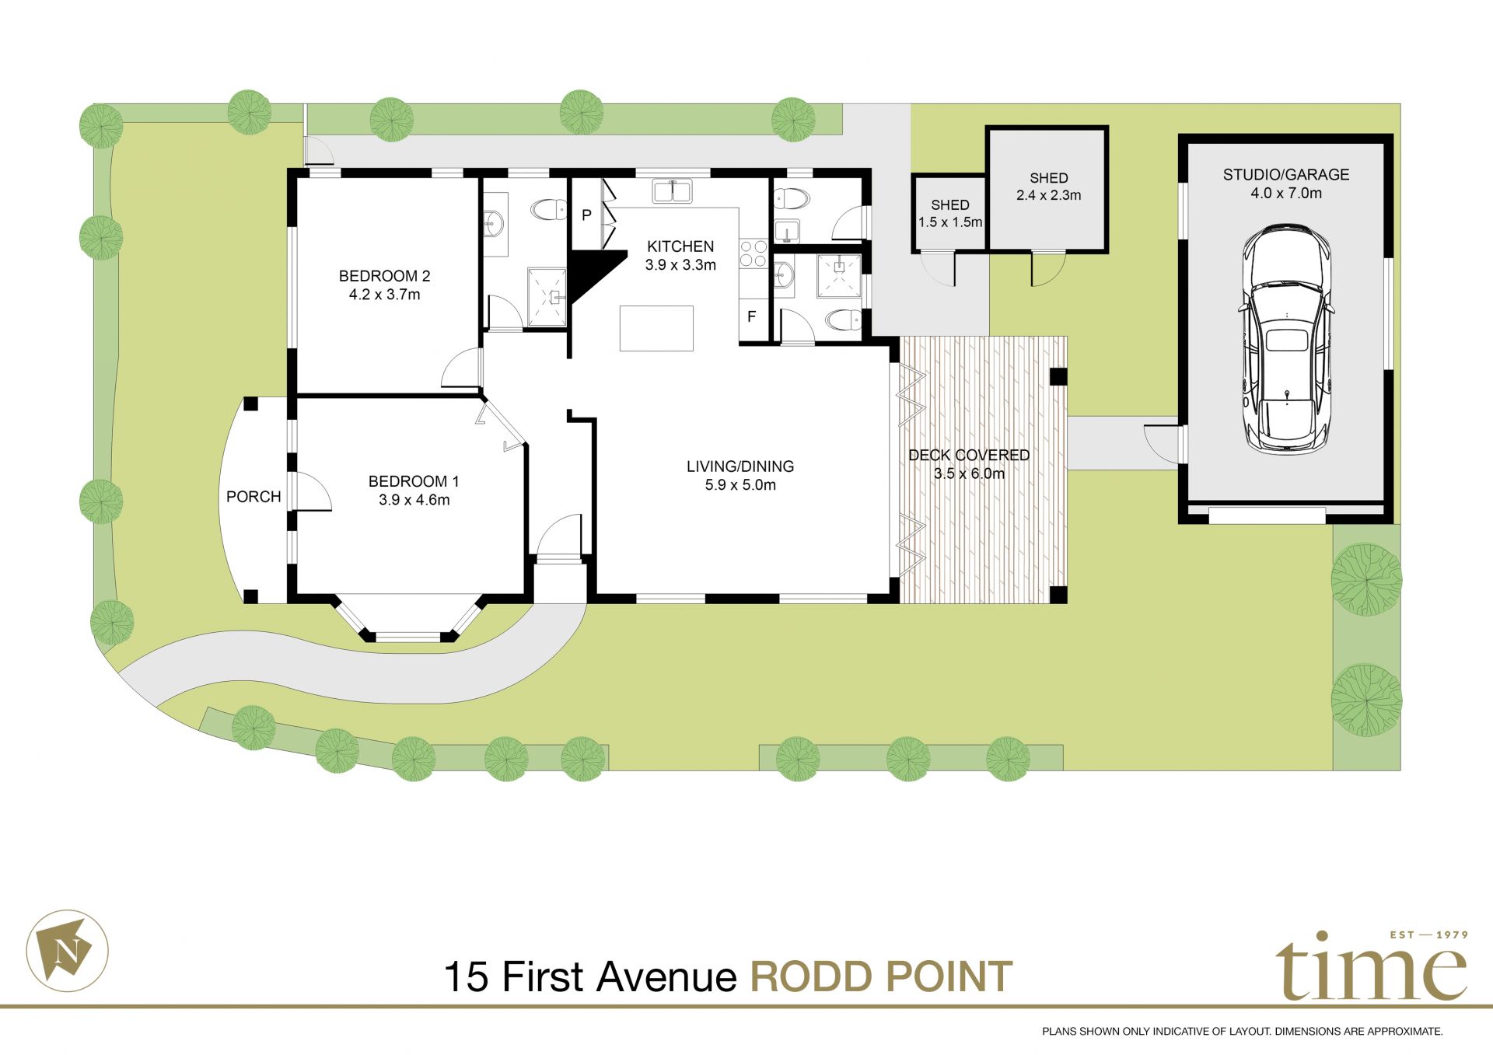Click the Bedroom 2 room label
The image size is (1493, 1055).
[384, 276]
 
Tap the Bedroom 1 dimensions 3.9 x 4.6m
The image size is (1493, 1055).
[414, 500]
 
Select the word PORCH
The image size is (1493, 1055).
[253, 497]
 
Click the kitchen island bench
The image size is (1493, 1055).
[656, 328]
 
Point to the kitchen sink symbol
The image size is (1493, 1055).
[673, 190]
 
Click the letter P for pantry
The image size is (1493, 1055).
[586, 215]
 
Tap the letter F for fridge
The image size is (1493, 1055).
[751, 317]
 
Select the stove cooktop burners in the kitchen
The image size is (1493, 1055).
[753, 253]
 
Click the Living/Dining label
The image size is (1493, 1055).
[740, 466]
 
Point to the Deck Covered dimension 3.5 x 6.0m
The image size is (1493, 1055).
[969, 473]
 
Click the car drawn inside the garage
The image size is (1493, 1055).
[1286, 338]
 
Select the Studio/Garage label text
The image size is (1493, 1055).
[1285, 175]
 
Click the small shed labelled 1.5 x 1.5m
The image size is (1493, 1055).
[949, 214]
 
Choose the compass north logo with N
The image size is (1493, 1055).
[68, 950]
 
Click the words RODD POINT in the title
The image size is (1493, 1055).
[881, 977]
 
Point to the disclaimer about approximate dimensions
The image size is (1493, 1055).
[1242, 1032]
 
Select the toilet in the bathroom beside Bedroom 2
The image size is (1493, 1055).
[549, 209]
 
